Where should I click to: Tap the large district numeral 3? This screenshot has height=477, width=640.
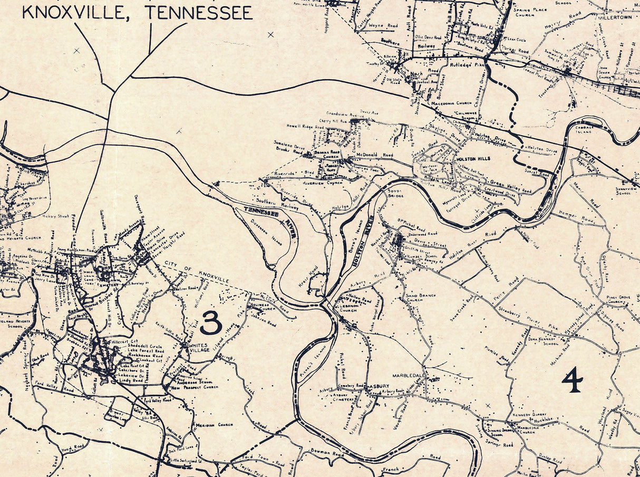[x=211, y=322]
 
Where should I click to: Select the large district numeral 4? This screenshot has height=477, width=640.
[x=572, y=380]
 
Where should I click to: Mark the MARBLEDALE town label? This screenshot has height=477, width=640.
[x=408, y=375]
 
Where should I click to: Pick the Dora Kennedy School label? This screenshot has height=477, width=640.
[x=543, y=341]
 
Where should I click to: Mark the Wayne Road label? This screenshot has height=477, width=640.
[x=383, y=25]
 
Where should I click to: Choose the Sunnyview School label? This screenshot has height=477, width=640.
[x=627, y=190]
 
